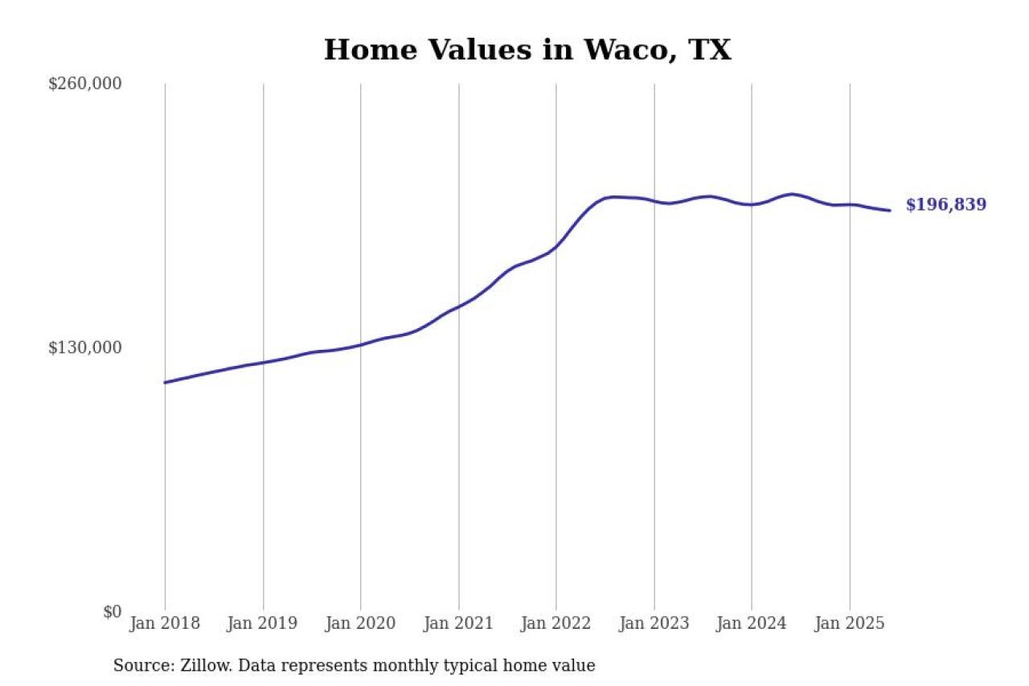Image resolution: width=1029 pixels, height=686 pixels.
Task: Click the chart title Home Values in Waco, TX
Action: [x=527, y=50]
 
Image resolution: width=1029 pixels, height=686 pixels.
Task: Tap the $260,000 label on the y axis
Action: [x=84, y=84]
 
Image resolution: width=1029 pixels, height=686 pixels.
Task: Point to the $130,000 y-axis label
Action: [x=84, y=347]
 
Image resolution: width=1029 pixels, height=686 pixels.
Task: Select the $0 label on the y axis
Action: [x=112, y=611]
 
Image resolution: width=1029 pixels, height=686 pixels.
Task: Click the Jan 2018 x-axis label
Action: [x=165, y=623]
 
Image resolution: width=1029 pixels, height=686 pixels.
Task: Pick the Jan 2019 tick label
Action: [x=263, y=623]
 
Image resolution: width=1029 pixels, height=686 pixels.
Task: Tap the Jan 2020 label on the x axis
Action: [x=360, y=623]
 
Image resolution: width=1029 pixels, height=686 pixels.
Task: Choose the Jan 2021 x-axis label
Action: [x=458, y=623]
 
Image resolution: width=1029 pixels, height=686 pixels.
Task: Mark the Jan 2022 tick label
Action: [x=555, y=623]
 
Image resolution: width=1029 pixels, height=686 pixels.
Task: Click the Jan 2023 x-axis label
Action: [x=654, y=623]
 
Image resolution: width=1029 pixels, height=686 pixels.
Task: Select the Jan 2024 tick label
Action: [x=751, y=623]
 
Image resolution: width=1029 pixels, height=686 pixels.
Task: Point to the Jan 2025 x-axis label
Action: [x=849, y=623]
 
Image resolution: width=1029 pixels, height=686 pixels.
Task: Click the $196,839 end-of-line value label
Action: [x=945, y=205]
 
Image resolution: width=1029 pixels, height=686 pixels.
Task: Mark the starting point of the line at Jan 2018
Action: [x=165, y=382]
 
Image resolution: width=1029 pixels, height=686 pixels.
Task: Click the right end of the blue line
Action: [x=889, y=211]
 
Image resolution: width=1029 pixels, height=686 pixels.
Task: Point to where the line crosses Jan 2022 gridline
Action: [x=556, y=246]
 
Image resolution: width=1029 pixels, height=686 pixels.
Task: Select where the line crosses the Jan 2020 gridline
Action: [x=360, y=344]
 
